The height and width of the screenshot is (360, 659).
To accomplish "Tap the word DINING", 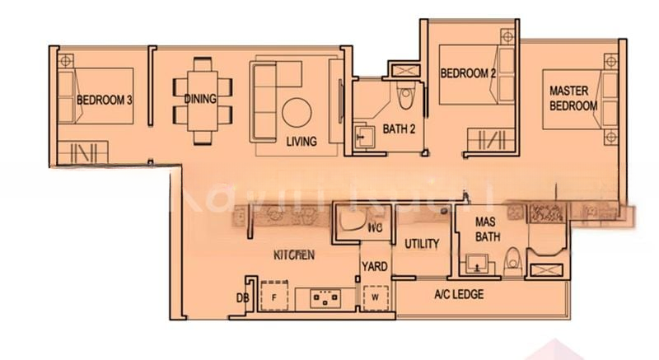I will (x=200, y=100).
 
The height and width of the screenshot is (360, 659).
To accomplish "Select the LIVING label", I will (x=301, y=142).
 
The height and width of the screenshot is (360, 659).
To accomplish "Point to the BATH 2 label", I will (x=398, y=129).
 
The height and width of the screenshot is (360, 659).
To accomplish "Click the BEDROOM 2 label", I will (x=467, y=73).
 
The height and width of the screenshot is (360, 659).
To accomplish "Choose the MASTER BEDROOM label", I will (x=573, y=99).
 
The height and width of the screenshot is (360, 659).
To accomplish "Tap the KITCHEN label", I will (x=294, y=255).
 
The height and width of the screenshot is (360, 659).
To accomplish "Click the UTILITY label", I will (x=421, y=244).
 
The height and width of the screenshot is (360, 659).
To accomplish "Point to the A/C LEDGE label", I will (x=459, y=295).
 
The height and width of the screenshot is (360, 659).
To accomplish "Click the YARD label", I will (x=374, y=267).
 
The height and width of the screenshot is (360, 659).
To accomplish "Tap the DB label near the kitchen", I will (x=243, y=298).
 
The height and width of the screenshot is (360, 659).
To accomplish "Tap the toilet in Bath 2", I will (x=405, y=92).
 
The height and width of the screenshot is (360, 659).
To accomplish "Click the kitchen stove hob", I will (x=325, y=297).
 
